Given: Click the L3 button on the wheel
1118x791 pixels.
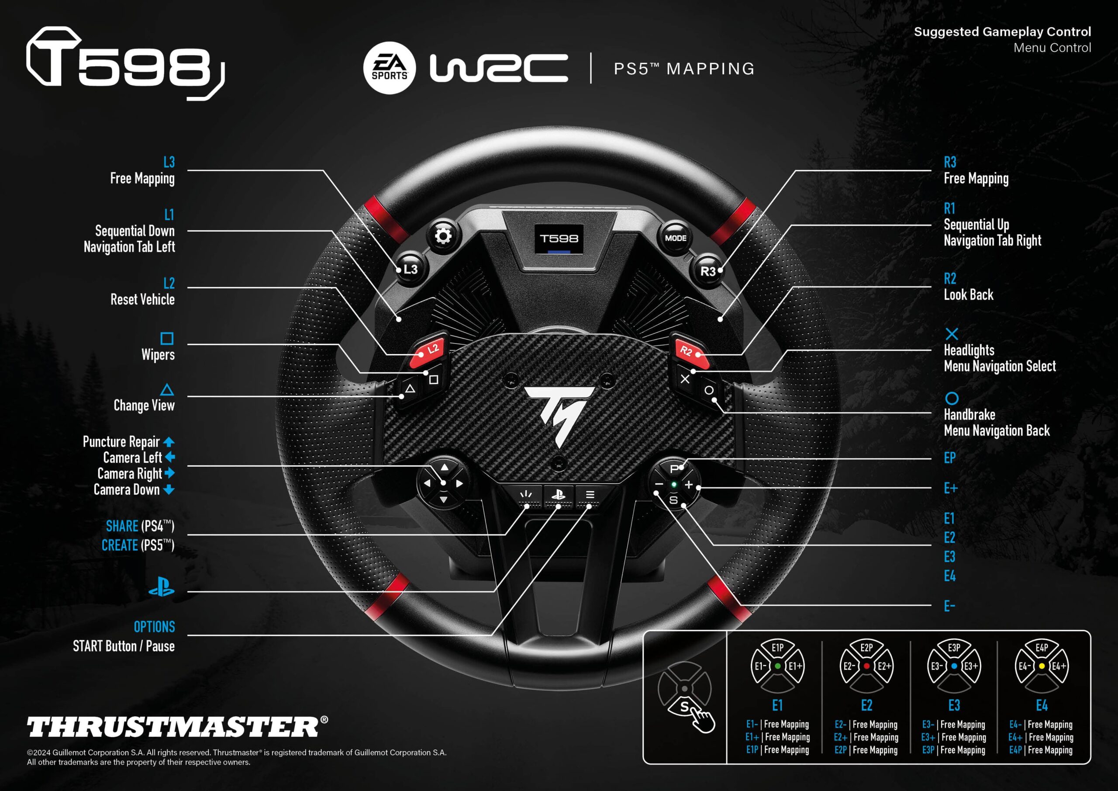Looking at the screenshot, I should [410, 269].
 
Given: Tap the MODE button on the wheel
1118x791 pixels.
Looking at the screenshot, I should [675, 238].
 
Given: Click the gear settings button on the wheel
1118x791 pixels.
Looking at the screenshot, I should [443, 236].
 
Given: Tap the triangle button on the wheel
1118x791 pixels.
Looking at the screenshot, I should [410, 389].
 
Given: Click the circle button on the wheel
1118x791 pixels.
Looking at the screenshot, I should [709, 390].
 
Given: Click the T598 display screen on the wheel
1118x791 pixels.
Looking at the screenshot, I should [559, 239].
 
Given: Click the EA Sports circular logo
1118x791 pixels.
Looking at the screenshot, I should [389, 68].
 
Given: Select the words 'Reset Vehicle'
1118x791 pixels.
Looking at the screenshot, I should [142, 299].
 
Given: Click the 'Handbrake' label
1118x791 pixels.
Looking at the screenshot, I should [969, 414].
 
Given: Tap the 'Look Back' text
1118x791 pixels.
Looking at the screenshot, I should [968, 295].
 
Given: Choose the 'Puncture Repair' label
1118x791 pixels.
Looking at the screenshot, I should [121, 441].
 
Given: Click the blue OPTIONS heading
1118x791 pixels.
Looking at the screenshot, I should [154, 627].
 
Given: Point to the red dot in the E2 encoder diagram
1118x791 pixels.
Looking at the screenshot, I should [866, 666].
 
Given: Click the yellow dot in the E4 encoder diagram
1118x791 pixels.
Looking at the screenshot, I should [1042, 666].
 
